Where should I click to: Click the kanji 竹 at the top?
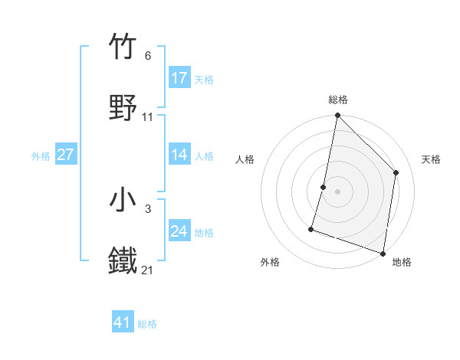[123, 47]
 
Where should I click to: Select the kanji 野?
[123, 108]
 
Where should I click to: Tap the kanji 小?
[123, 200]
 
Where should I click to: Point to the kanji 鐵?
[123, 261]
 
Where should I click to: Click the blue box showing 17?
[179, 78]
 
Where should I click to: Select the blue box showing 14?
[179, 155]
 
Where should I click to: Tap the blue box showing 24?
[179, 231]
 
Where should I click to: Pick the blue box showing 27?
[66, 155]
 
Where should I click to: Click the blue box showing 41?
[123, 322]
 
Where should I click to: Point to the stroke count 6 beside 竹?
[147, 56]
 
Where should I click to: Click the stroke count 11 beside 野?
[148, 117]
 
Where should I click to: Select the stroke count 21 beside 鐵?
[148, 270]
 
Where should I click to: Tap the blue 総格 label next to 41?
[147, 324]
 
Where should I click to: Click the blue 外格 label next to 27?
[41, 155]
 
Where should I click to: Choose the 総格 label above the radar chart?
[338, 100]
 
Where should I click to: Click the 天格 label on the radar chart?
[432, 159]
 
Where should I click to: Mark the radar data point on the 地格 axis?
[383, 253]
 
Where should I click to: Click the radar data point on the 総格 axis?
[338, 116]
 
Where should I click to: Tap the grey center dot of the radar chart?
[338, 191]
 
